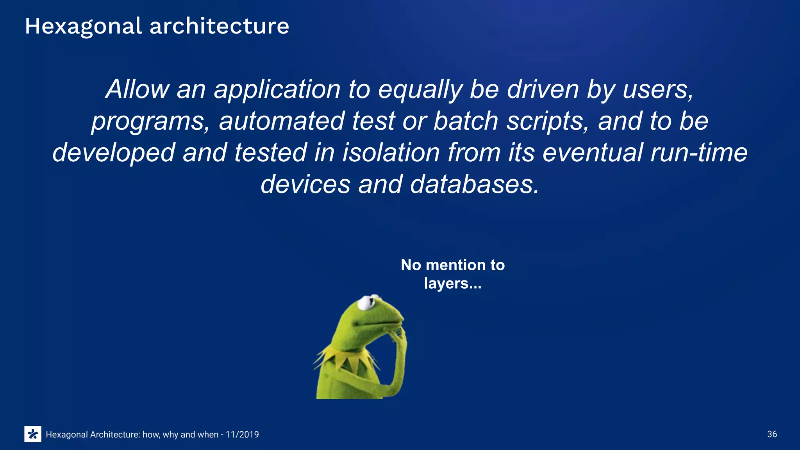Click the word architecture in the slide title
(x=219, y=27)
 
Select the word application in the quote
(x=277, y=90)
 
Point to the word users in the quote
(x=658, y=90)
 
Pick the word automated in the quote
(x=281, y=121)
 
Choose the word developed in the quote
(x=114, y=153)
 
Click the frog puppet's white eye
(x=366, y=302)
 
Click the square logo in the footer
(x=33, y=434)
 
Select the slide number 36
(x=772, y=434)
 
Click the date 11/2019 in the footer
(x=242, y=434)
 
